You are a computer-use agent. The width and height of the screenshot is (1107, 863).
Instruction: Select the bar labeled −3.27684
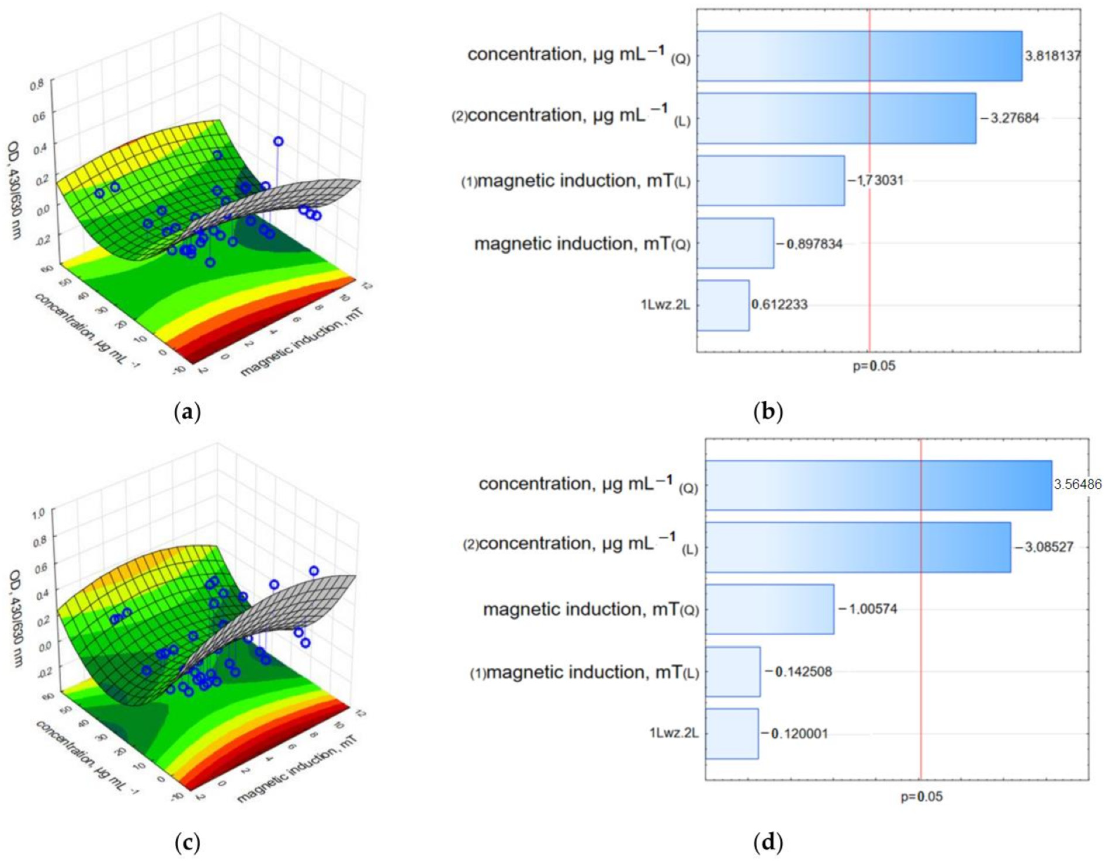[836, 118]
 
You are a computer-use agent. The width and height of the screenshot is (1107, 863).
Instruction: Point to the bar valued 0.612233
[723, 305]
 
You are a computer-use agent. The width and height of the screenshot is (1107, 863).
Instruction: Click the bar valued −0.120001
[732, 733]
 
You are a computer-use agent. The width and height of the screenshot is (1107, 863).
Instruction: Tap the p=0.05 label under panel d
[922, 797]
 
